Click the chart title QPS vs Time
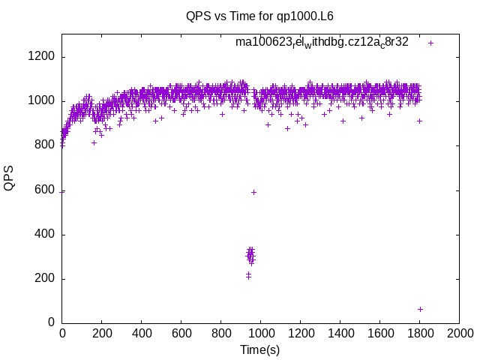tap(259, 16)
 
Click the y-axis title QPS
tap(10, 178)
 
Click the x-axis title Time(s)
tap(259, 349)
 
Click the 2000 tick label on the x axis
tap(459, 333)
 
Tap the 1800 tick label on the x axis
tap(419, 333)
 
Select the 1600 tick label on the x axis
tap(379, 333)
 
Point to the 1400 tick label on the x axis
tap(340, 333)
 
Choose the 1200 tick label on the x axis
tap(300, 333)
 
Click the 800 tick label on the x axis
tap(220, 333)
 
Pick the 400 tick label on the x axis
tap(141, 333)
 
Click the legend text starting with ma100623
tap(322, 42)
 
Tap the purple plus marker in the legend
tap(430, 43)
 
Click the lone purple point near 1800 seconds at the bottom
tap(420, 309)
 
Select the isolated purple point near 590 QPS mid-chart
tap(253, 192)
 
